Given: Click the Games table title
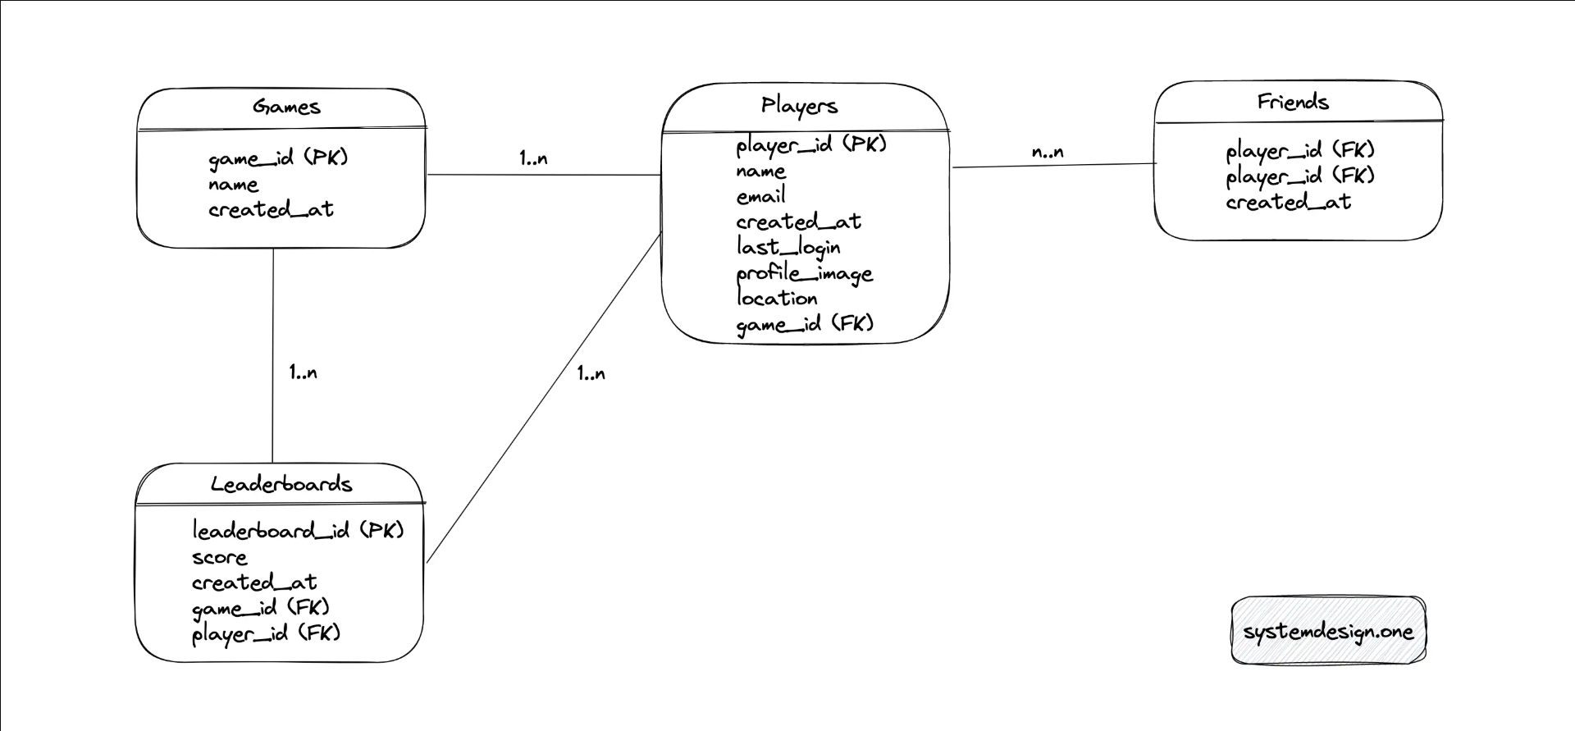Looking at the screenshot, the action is point(286,107).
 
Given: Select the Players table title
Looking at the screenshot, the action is point(799,106).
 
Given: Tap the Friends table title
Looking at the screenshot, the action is point(1293,102).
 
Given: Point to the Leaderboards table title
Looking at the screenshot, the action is point(281,484).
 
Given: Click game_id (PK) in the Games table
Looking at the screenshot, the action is point(278,158).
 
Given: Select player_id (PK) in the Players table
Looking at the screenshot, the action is point(811,145).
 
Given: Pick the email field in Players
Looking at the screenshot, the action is point(760,196).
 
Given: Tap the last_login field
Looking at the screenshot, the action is point(787,247).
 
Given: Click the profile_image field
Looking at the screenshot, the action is point(804,273).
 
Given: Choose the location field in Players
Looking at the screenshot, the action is point(777,298).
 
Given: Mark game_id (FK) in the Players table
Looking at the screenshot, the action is point(805,324).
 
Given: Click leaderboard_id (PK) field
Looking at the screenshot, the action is point(299,530).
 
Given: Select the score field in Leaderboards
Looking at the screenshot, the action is point(219,558).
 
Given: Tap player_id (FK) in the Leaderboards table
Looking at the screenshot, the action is point(266,633).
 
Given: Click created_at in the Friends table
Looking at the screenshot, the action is point(1288,202).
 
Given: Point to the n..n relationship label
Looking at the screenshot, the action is point(1048,152).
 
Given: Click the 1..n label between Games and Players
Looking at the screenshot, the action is point(533,158).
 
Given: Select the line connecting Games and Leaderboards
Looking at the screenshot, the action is point(273,355).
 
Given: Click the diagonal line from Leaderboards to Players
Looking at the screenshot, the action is point(544,398).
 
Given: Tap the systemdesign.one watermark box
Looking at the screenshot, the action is point(1328,631).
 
